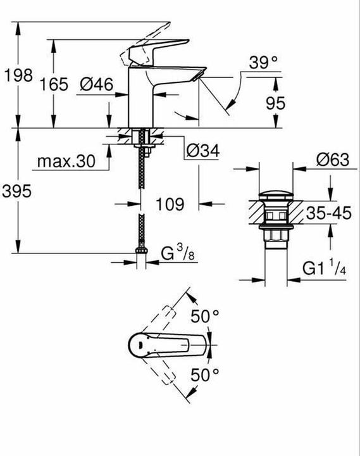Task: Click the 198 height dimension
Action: pyautogui.click(x=18, y=75)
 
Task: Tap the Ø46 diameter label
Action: pyautogui.click(x=96, y=84)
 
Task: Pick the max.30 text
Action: pyautogui.click(x=65, y=161)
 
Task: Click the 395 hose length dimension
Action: pyautogui.click(x=18, y=191)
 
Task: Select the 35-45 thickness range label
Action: pyautogui.click(x=328, y=212)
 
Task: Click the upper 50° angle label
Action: pyautogui.click(x=206, y=315)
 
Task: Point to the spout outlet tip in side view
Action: pyautogui.click(x=199, y=75)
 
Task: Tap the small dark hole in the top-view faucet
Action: pyautogui.click(x=133, y=343)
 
